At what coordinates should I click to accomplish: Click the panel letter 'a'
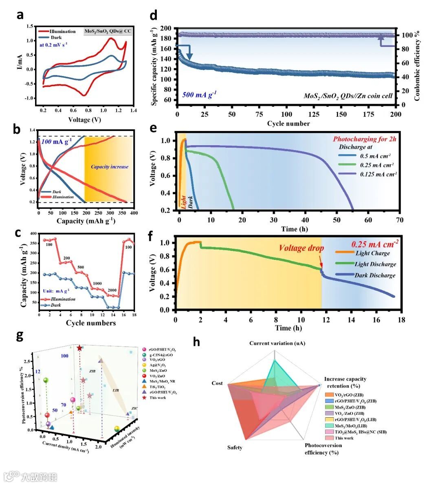20,15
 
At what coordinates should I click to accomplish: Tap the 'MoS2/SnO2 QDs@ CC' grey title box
108,31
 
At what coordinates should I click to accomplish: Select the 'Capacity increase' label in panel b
109,166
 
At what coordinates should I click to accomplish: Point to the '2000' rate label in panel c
112,290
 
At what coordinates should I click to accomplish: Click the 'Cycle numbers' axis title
91,323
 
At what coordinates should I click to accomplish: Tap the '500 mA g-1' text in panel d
199,95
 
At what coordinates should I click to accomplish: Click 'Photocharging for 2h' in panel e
365,139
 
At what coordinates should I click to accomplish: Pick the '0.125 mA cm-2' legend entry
378,174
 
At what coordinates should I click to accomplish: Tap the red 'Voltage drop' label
301,248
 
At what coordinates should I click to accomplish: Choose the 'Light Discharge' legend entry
375,264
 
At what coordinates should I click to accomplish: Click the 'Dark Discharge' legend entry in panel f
375,275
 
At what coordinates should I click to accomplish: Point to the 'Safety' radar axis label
235,447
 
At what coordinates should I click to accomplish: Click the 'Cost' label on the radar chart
217,383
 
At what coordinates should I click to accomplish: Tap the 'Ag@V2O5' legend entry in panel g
157,365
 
